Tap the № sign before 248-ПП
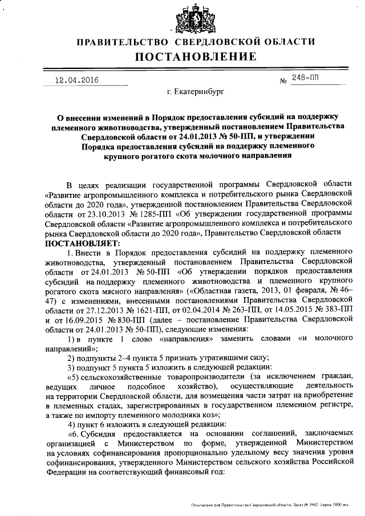coord(282,82)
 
